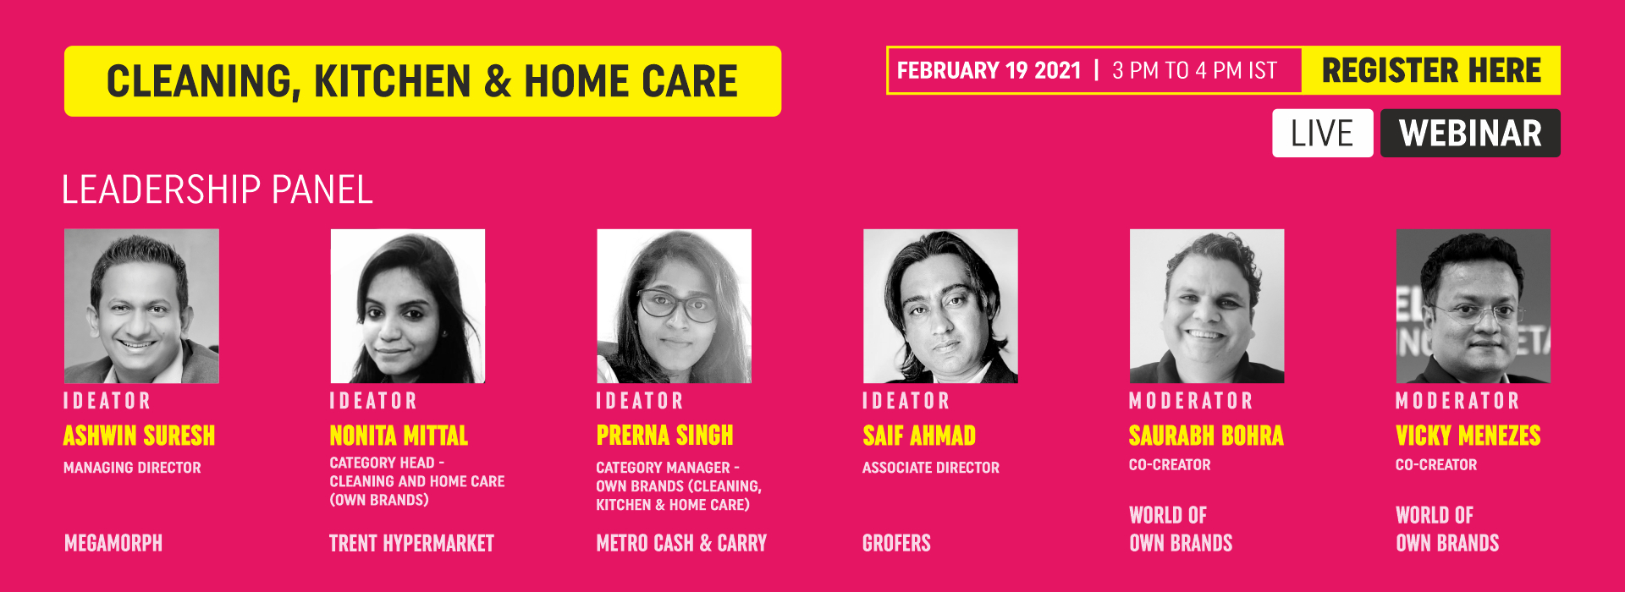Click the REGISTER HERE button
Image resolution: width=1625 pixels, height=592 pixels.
pos(1430,70)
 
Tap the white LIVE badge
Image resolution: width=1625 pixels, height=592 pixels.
pos(1322,133)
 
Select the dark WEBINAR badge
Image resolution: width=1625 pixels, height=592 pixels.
pos(1470,133)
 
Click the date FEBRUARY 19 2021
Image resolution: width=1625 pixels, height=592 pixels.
pos(989,70)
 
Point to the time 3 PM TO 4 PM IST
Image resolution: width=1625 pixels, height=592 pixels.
pos(1194,70)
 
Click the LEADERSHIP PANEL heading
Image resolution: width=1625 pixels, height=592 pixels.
pos(218,189)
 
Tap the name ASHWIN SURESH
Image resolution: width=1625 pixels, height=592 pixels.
pos(139,436)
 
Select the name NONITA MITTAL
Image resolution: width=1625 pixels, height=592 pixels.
pos(399,436)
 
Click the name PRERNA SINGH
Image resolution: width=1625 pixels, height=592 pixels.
pos(664,436)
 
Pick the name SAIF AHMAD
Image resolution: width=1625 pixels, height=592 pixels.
pos(919,436)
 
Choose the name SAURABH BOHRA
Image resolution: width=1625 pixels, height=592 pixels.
pos(1206,436)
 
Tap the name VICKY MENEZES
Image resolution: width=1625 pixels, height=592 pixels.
pos(1468,436)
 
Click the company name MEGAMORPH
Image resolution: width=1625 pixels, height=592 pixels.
pos(113,543)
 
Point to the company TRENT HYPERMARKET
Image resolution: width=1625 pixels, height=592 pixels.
pos(411,543)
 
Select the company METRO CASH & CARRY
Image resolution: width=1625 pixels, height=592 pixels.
pos(681,543)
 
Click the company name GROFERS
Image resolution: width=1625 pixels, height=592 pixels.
pos(896,543)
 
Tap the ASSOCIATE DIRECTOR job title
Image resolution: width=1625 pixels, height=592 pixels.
pos(931,468)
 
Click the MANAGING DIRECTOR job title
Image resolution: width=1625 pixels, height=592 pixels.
pos(132,468)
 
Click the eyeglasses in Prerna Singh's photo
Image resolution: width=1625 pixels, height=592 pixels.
pos(677,304)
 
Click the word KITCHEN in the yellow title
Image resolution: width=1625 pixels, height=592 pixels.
pos(392,81)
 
